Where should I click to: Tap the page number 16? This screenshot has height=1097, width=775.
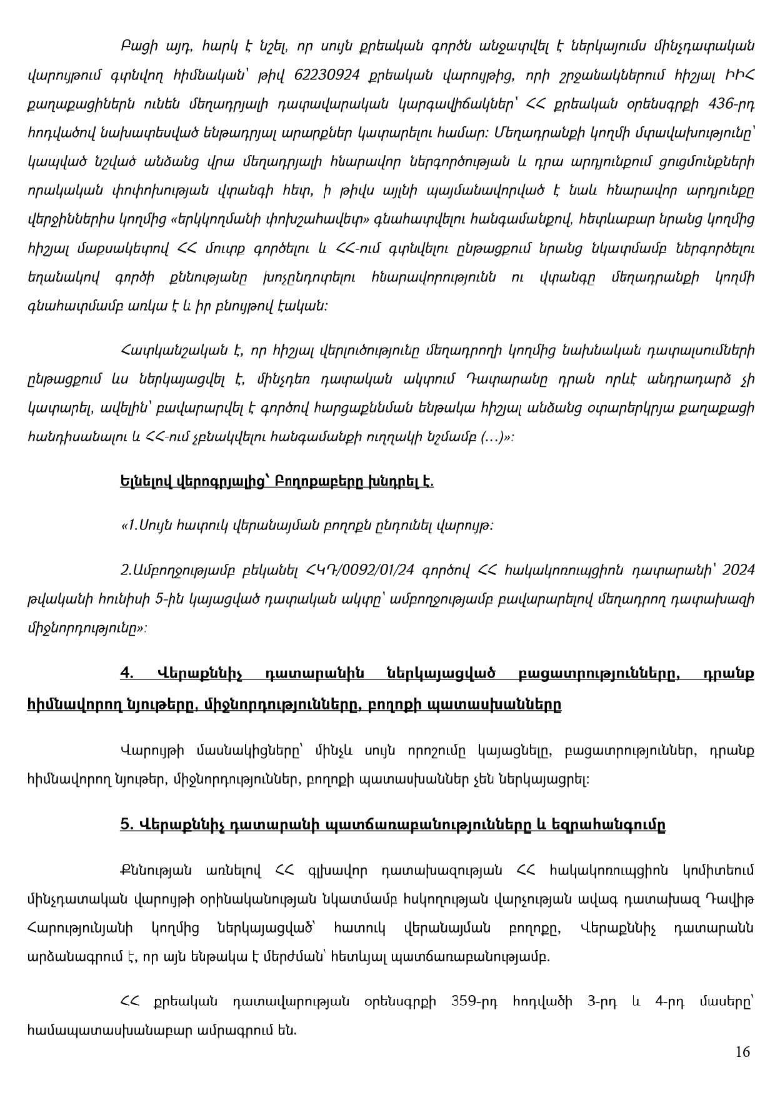(742, 1052)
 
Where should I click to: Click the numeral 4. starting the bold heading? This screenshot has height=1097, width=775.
(128, 674)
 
